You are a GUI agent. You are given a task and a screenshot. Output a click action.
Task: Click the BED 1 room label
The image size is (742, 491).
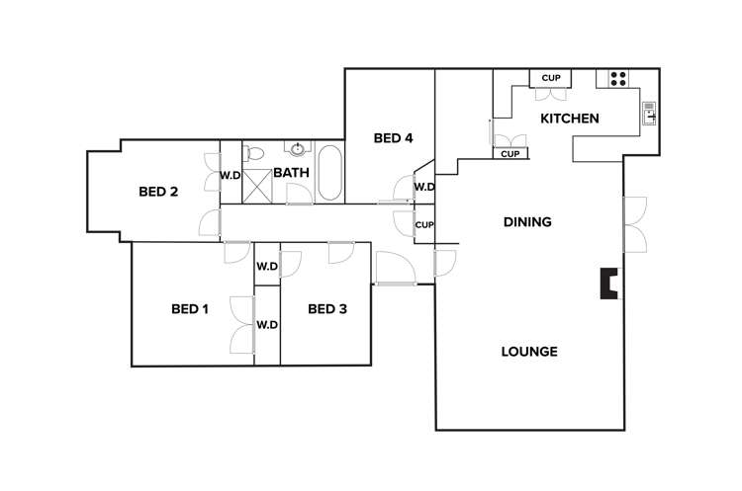(190, 309)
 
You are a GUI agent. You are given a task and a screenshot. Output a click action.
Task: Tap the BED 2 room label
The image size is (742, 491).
(158, 192)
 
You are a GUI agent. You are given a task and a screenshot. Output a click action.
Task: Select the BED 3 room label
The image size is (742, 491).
(327, 309)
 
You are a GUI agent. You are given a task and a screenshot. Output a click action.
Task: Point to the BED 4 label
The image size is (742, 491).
(393, 138)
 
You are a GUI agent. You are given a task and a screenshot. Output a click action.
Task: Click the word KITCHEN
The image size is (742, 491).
(569, 119)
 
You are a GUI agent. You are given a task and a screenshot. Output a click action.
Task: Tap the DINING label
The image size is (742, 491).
(527, 222)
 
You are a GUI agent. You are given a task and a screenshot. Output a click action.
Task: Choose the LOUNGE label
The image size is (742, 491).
(529, 352)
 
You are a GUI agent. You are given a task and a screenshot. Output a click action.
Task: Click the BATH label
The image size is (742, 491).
(291, 173)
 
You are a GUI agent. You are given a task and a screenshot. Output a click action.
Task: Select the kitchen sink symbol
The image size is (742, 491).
(649, 114)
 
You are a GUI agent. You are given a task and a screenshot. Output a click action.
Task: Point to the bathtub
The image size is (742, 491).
(328, 173)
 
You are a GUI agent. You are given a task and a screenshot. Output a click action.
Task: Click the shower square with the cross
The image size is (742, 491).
(257, 185)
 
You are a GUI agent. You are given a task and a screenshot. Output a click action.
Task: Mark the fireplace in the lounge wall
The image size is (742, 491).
(610, 285)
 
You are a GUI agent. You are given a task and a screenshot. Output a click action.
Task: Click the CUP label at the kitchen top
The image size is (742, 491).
(551, 79)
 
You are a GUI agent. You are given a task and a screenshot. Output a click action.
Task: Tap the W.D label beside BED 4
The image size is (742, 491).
(424, 187)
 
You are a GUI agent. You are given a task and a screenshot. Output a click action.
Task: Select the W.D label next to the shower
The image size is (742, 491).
(230, 176)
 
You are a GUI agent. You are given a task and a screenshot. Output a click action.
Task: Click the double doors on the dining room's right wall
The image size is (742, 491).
(633, 223)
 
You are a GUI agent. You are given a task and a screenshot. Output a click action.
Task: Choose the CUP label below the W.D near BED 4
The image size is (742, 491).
(424, 224)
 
